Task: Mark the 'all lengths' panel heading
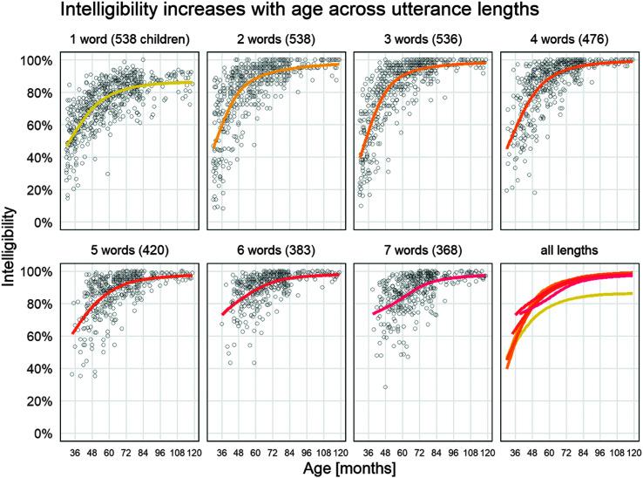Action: [567, 250]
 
